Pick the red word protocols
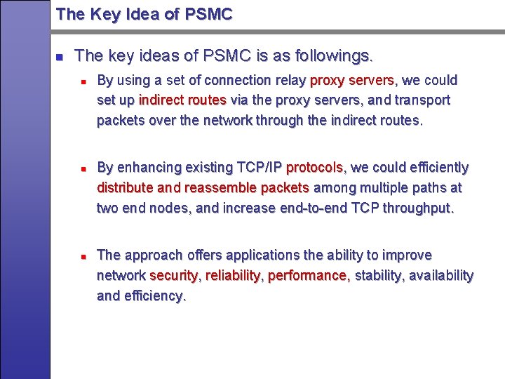click(x=315, y=168)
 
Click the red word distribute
click(x=125, y=188)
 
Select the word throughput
click(x=418, y=208)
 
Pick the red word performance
click(x=308, y=275)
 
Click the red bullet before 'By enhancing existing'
click(x=83, y=168)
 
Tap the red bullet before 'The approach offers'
click(x=83, y=255)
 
